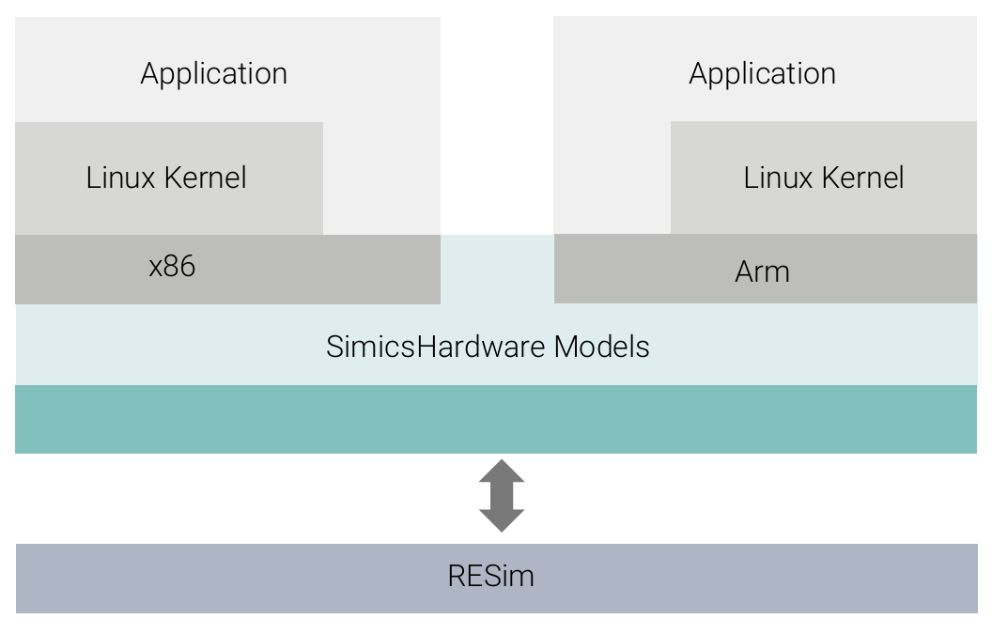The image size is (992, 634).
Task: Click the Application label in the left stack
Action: pos(214,74)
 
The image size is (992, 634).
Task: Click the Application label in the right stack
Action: pos(762,74)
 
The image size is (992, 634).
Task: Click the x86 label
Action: pos(172,267)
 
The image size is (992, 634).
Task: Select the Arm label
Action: pos(762,272)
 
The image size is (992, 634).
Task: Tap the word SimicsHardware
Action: pos(435,347)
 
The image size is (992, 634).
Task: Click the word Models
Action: pos(601,347)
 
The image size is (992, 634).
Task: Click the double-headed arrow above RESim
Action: pos(502,496)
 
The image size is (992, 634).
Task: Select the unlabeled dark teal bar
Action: pos(496,419)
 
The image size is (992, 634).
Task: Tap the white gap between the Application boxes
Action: pos(497,122)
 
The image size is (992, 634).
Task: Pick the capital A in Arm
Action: pos(744,272)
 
